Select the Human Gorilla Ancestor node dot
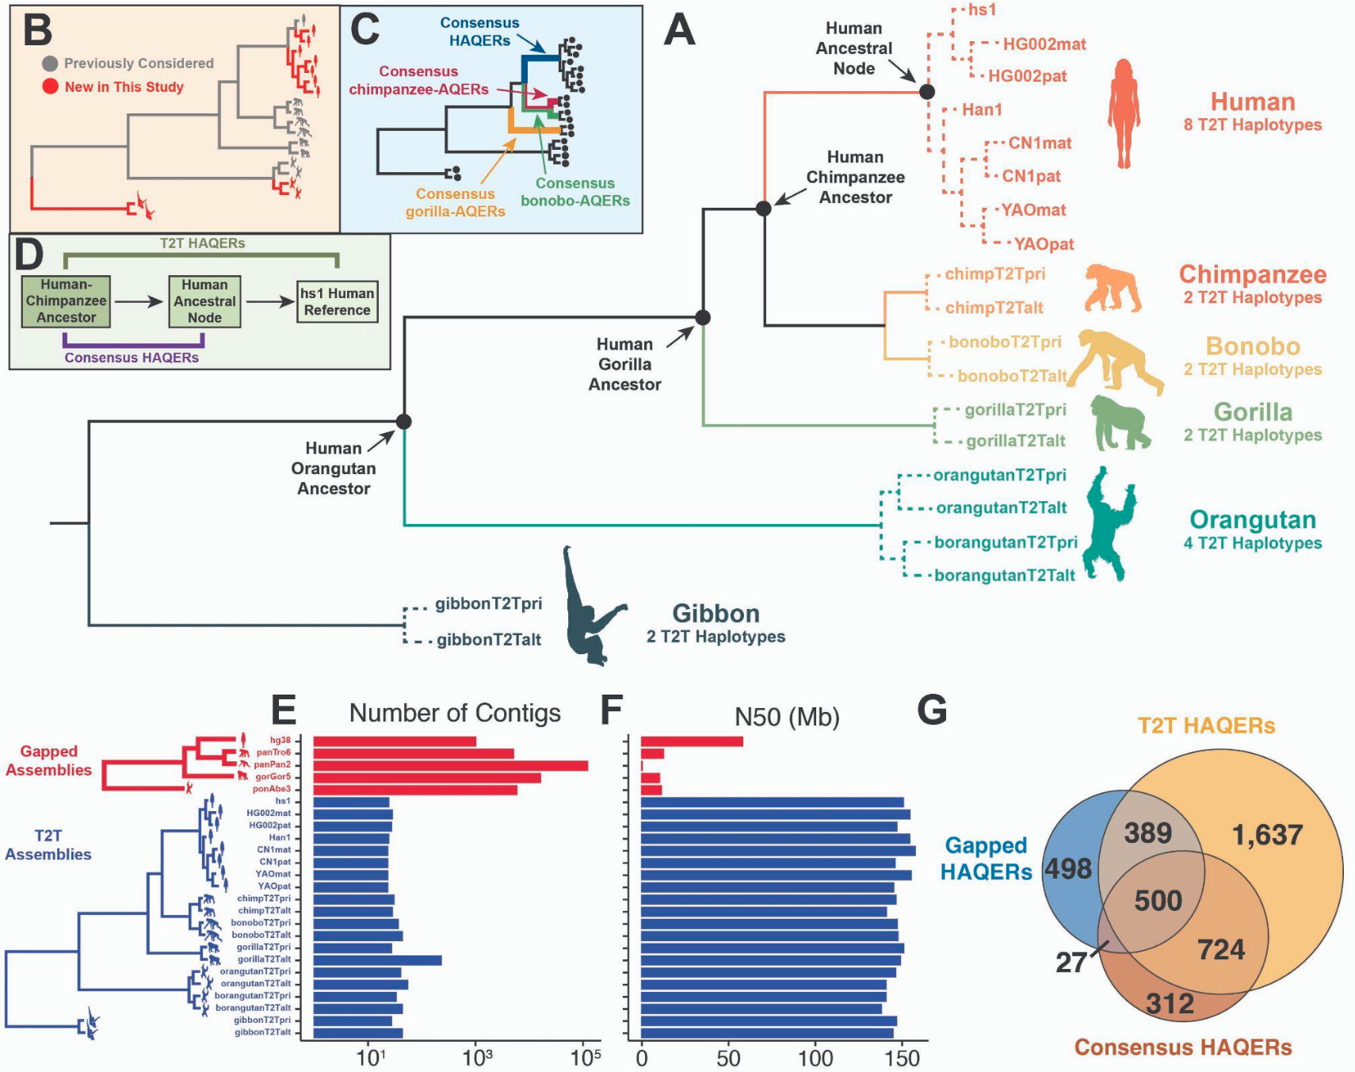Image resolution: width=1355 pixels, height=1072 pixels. point(702,318)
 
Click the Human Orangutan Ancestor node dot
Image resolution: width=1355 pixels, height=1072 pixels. point(403,421)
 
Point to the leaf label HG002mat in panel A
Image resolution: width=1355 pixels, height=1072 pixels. point(1044,44)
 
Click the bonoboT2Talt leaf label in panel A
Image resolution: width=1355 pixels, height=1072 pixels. point(1011,376)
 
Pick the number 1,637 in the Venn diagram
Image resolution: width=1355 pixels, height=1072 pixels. point(1267,835)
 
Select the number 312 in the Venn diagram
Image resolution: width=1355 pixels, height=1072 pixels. point(1170,1004)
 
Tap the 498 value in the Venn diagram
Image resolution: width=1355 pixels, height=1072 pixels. point(1068,869)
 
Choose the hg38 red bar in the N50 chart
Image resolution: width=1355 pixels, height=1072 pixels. point(692,741)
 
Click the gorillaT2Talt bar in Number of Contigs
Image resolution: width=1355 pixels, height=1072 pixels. point(377,960)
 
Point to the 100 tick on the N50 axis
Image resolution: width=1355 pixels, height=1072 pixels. point(815,1058)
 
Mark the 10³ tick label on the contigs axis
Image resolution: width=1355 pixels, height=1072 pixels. point(477,1058)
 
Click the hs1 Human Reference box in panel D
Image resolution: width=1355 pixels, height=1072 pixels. point(337,301)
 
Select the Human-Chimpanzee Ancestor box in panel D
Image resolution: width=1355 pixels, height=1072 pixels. point(66,301)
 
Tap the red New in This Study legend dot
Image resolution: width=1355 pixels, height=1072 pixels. point(50,86)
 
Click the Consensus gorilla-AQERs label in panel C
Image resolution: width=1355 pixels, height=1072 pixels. point(455,202)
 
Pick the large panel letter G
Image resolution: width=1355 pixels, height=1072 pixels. point(932,710)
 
